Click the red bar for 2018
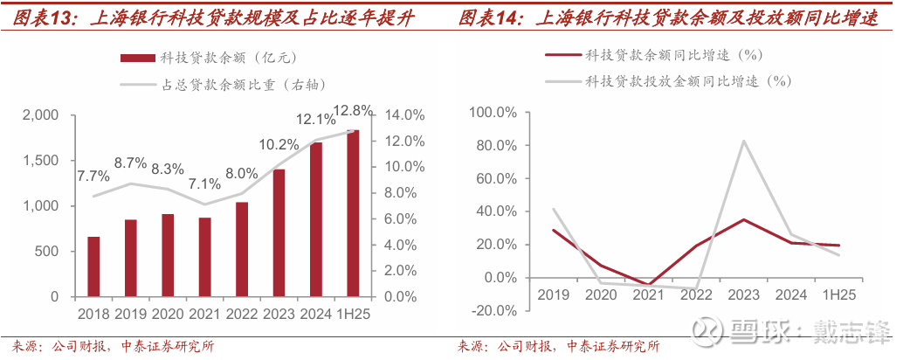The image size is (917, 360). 93,267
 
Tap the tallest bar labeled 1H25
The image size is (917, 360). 353,213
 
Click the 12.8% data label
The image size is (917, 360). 353,111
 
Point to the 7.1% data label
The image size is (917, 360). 204,184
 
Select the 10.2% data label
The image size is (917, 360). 279,145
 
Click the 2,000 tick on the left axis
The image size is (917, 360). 40,115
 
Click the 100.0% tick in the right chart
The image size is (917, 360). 493,113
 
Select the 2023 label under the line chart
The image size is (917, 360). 743,294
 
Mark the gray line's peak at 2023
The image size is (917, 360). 743,141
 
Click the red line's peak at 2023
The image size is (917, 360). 743,219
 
